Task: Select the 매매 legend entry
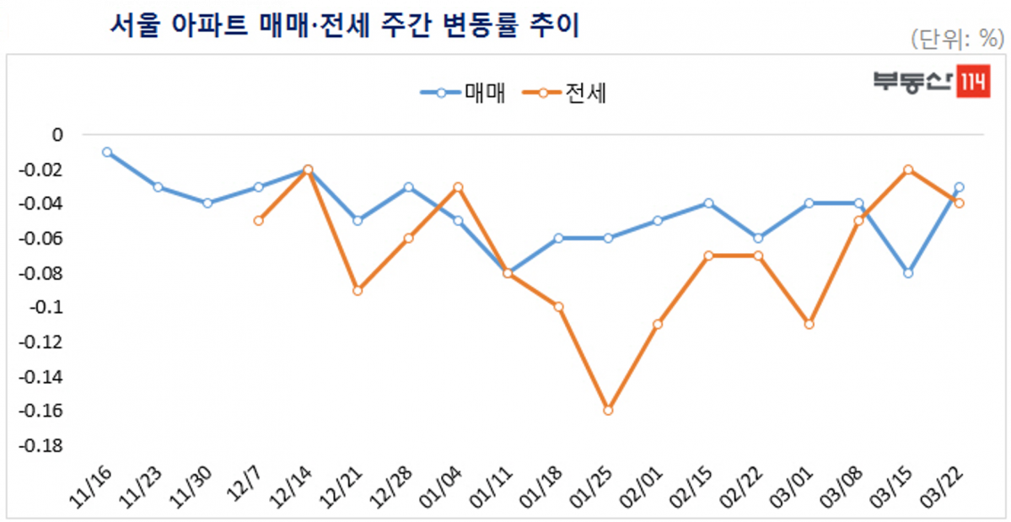click(464, 93)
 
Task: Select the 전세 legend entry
click(565, 93)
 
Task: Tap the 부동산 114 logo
click(931, 82)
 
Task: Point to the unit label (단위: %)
click(956, 39)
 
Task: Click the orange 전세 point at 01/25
click(608, 410)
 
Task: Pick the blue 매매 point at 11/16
click(107, 152)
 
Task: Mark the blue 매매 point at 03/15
click(908, 272)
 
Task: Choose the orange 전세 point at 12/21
click(358, 290)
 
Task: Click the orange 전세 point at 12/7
click(258, 221)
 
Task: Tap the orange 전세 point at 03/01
click(809, 324)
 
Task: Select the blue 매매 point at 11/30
click(207, 203)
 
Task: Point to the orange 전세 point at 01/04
click(458, 186)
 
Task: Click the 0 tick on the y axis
click(57, 135)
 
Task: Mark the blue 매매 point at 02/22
click(758, 238)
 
